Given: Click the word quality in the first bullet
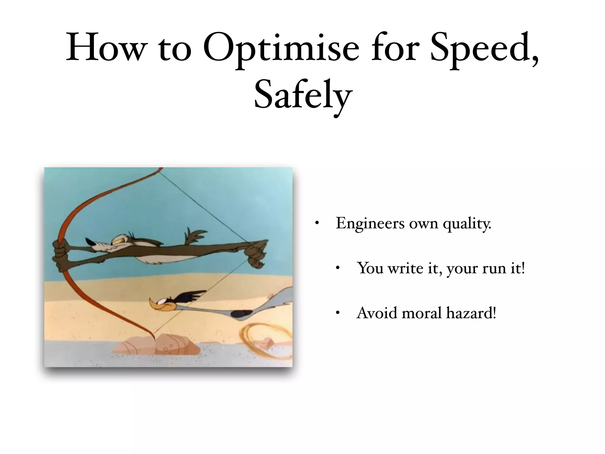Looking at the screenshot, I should (467, 224).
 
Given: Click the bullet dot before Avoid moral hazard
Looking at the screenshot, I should (338, 313).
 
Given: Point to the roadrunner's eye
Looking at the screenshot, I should (162, 302).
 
